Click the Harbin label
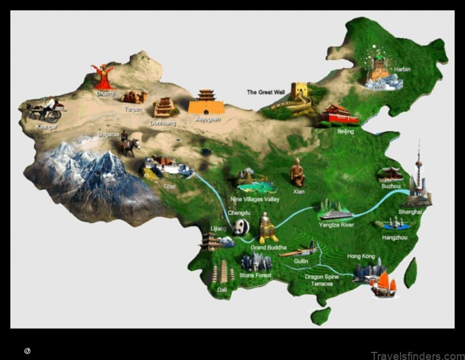tap(402, 70)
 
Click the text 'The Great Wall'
tap(266, 92)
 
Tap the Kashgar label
tap(46, 127)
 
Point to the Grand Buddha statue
tap(267, 228)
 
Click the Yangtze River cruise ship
tap(335, 211)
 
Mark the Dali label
tap(222, 289)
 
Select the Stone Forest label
tap(255, 275)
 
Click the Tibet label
tap(169, 186)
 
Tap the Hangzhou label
tap(395, 238)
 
